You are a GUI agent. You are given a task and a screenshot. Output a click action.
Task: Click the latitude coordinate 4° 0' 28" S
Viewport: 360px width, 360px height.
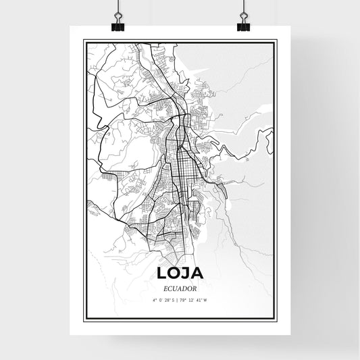[163, 299]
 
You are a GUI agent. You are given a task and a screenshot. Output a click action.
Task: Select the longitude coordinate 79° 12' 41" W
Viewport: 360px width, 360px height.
[195, 299]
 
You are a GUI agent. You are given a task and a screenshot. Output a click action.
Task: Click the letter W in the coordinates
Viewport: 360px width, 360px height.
[205, 299]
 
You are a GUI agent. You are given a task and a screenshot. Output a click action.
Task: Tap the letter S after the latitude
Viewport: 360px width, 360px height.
[174, 299]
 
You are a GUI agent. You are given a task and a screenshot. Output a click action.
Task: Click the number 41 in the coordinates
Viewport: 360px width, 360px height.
[199, 299]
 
